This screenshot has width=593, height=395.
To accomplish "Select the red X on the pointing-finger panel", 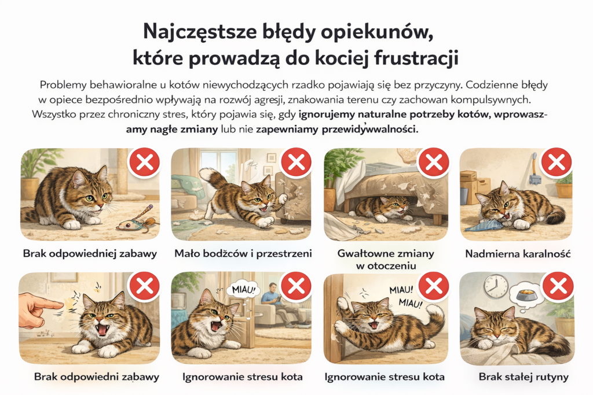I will pyautogui.click(x=144, y=286).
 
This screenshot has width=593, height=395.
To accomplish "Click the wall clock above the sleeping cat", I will pyautogui.click(x=496, y=286).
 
